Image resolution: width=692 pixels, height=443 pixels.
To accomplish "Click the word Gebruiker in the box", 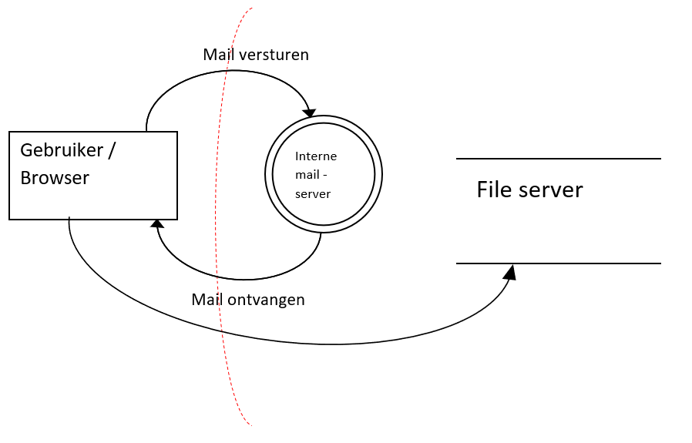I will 61,149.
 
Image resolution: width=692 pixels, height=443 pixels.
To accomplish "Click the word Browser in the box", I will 55,178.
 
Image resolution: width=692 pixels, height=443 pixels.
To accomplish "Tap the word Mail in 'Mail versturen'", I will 218,55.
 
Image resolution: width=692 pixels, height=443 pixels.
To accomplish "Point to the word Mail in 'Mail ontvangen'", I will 207,299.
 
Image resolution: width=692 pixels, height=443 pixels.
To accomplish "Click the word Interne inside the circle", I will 316,156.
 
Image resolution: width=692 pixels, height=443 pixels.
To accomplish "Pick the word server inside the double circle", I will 312,194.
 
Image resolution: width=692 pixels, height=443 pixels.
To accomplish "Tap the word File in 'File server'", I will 492,190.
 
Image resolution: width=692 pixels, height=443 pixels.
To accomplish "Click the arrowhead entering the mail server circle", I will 309,113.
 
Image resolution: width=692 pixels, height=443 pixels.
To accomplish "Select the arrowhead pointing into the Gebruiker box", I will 157,224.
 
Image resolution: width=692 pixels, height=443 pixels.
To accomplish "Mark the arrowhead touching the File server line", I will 510,271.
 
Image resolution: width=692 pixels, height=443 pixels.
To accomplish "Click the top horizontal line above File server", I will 558,159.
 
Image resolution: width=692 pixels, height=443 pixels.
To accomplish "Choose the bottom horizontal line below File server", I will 558,263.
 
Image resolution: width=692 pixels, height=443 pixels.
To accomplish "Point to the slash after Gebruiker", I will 112,149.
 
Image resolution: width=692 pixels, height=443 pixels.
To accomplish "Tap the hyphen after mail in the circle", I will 326,175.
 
